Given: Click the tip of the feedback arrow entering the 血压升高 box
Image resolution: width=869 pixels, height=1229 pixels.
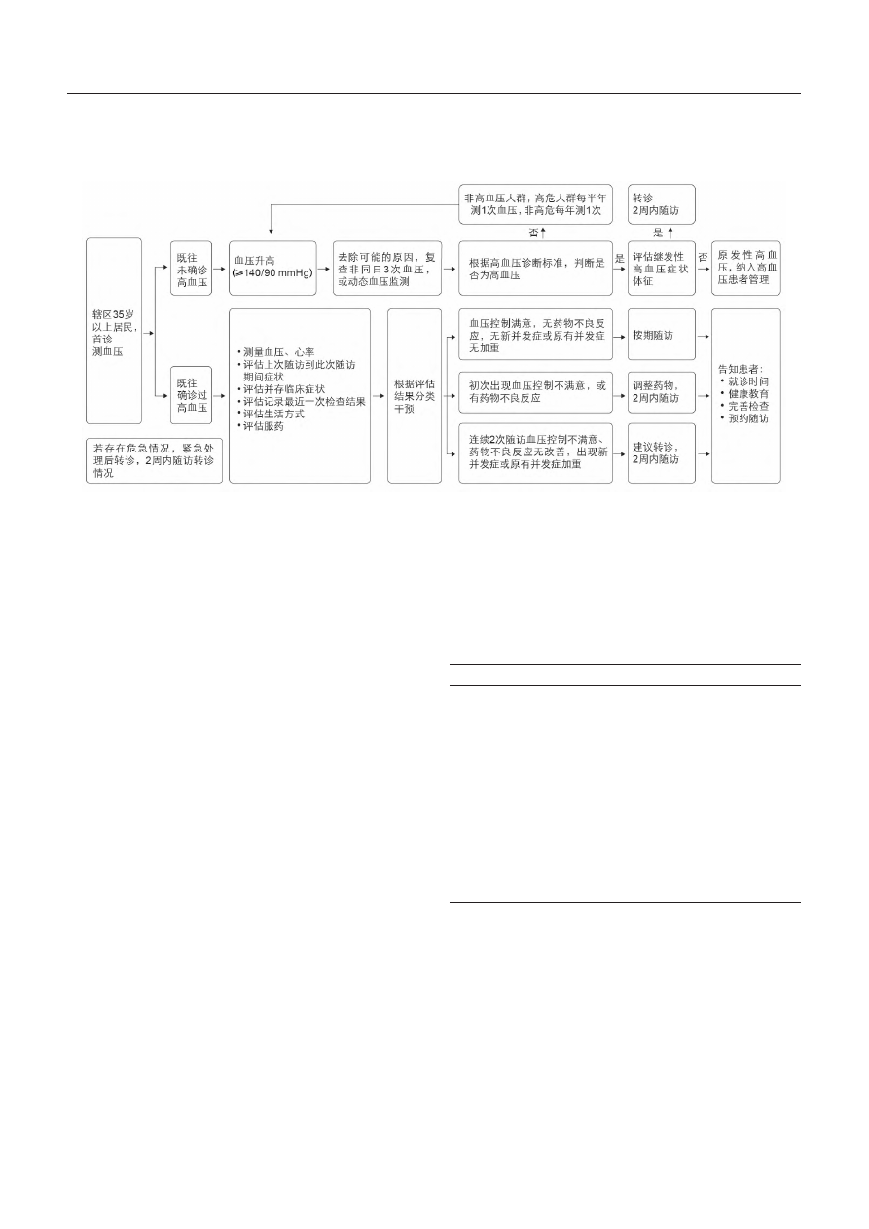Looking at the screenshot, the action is pyautogui.click(x=271, y=235).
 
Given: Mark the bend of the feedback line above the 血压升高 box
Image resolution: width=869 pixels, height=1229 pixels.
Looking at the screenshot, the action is pyautogui.click(x=271, y=204).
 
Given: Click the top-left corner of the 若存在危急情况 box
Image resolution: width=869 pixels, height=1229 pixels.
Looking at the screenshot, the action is pyautogui.click(x=87, y=438).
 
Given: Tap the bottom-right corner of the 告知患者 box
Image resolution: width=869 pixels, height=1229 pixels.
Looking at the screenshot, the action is pyautogui.click(x=780, y=483).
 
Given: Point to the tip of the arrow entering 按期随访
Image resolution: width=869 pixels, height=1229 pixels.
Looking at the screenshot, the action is pyautogui.click(x=626, y=336).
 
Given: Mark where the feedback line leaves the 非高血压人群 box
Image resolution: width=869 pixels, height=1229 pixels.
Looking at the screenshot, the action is pyautogui.click(x=459, y=204).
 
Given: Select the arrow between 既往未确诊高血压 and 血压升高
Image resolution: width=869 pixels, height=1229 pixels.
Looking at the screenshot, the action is pyautogui.click(x=219, y=269).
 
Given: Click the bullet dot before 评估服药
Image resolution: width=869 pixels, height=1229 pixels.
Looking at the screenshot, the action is pyautogui.click(x=239, y=427).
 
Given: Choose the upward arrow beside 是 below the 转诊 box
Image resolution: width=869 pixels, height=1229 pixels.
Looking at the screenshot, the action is pyautogui.click(x=670, y=233).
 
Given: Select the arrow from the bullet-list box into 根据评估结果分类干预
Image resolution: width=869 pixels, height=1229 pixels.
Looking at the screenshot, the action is pyautogui.click(x=379, y=396).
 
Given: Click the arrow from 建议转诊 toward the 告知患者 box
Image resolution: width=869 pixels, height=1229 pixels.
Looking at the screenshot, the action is pyautogui.click(x=704, y=453).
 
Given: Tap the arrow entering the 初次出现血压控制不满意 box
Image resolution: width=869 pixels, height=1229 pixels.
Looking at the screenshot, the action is pyautogui.click(x=453, y=396).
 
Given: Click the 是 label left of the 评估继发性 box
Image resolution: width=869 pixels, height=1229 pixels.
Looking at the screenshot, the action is pyautogui.click(x=619, y=259).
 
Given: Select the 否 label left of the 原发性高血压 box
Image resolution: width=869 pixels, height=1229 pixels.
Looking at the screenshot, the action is pyautogui.click(x=703, y=257).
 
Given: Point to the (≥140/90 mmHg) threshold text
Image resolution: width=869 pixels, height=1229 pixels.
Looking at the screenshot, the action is pyautogui.click(x=272, y=272).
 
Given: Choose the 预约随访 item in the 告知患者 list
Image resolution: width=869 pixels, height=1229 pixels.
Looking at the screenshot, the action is pyautogui.click(x=748, y=418).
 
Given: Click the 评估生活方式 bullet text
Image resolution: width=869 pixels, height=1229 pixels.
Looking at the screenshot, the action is pyautogui.click(x=273, y=415).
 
